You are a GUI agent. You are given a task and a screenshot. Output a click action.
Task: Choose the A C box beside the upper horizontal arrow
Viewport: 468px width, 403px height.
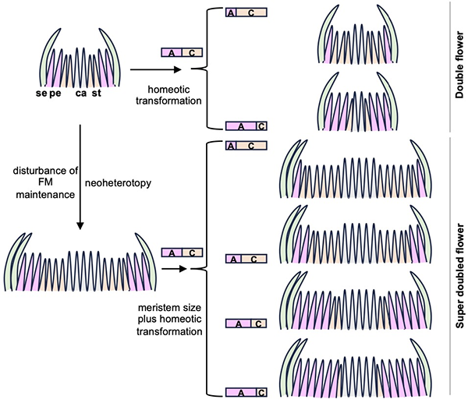tap(182, 52)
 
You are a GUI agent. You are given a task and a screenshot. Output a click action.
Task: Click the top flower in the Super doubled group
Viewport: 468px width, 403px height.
tap(364, 169)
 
